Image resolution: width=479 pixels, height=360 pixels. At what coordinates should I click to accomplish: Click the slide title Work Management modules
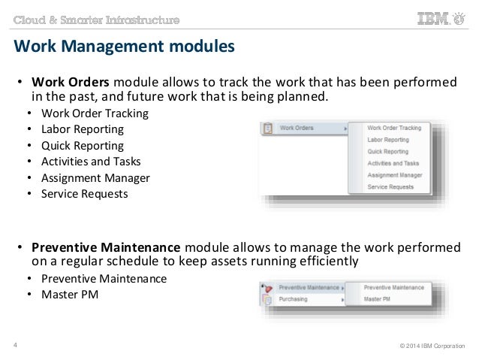pos(125,48)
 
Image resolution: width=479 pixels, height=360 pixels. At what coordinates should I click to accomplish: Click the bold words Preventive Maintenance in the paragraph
pos(105,249)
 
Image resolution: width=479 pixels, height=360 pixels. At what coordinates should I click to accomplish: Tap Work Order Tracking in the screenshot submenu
pos(394,129)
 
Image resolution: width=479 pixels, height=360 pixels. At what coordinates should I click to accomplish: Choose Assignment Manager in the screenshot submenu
pos(394,174)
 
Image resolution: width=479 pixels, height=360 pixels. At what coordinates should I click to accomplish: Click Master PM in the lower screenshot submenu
pos(378,299)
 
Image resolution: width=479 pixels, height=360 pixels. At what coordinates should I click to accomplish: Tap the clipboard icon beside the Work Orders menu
pos(268,129)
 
